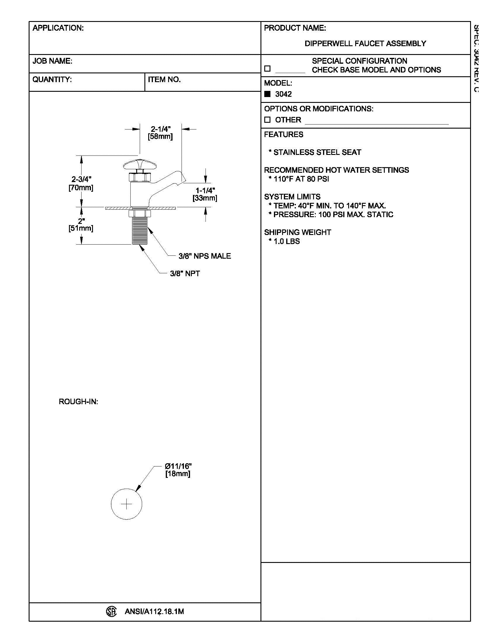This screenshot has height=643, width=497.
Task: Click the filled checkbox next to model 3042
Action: tap(267, 94)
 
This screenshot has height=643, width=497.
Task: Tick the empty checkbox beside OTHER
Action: tap(267, 120)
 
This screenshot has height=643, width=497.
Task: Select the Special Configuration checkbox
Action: tap(267, 69)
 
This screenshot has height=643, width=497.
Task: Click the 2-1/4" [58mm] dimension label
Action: tap(161, 133)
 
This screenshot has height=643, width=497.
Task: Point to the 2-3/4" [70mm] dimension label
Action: tap(81, 184)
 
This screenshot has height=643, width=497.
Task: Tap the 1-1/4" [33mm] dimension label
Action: tap(205, 194)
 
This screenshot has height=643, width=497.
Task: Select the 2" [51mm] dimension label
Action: tap(81, 225)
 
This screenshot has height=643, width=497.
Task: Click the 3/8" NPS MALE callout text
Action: tap(205, 256)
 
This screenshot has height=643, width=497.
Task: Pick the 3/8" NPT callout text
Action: tap(185, 274)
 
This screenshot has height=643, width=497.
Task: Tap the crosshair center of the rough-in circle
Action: tap(127, 504)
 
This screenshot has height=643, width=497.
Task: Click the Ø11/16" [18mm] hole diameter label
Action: tap(178, 470)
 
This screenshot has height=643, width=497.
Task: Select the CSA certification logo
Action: tap(111, 611)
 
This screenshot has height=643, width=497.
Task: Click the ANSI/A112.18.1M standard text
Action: tap(154, 611)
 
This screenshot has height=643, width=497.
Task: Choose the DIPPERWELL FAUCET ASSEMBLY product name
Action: tap(365, 44)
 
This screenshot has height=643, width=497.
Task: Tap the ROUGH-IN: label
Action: tap(78, 402)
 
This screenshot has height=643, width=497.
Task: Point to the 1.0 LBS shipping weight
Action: tap(287, 241)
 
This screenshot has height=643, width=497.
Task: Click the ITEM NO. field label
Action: tap(164, 79)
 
